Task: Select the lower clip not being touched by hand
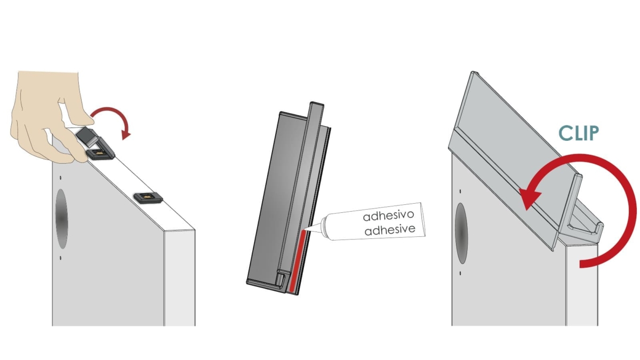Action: coord(148,198)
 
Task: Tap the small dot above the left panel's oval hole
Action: coord(61,178)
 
